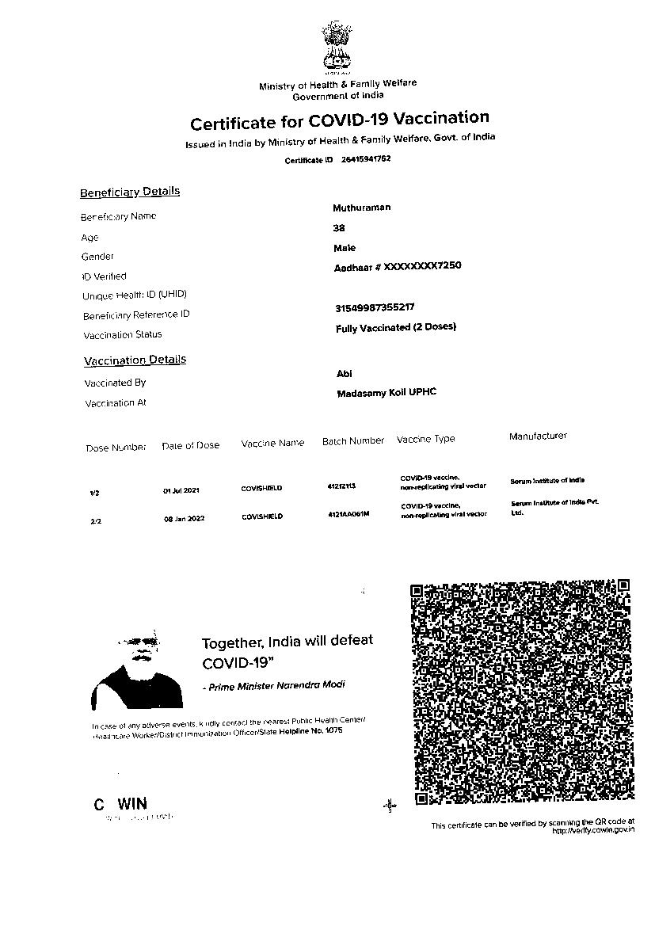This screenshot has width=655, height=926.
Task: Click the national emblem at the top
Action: pyautogui.click(x=336, y=47)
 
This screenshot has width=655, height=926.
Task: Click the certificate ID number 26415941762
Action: pyautogui.click(x=366, y=159)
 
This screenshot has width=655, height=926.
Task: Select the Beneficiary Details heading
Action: pyautogui.click(x=130, y=192)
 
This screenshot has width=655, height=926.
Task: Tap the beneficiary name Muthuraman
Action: pyautogui.click(x=361, y=208)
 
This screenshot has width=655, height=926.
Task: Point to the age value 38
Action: pyautogui.click(x=339, y=228)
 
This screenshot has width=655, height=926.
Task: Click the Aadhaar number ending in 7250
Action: pyautogui.click(x=398, y=267)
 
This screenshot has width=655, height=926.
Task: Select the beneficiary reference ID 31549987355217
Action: pyautogui.click(x=375, y=307)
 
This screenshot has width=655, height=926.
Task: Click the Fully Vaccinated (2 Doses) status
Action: pyautogui.click(x=396, y=327)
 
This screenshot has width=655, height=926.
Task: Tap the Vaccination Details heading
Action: pyautogui.click(x=135, y=360)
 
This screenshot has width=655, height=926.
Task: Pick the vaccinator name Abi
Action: pyautogui.click(x=345, y=374)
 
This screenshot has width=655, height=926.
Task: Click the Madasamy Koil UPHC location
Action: pyautogui.click(x=387, y=393)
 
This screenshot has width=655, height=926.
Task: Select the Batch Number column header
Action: pyautogui.click(x=353, y=441)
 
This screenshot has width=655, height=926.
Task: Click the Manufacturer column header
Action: pyautogui.click(x=538, y=436)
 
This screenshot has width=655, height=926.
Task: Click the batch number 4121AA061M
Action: pyautogui.click(x=348, y=515)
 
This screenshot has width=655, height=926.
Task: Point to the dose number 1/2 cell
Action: pyautogui.click(x=95, y=493)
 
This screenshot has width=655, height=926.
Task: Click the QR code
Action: pyautogui.click(x=522, y=692)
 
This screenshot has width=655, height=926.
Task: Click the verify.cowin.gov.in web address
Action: pyautogui.click(x=593, y=830)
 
